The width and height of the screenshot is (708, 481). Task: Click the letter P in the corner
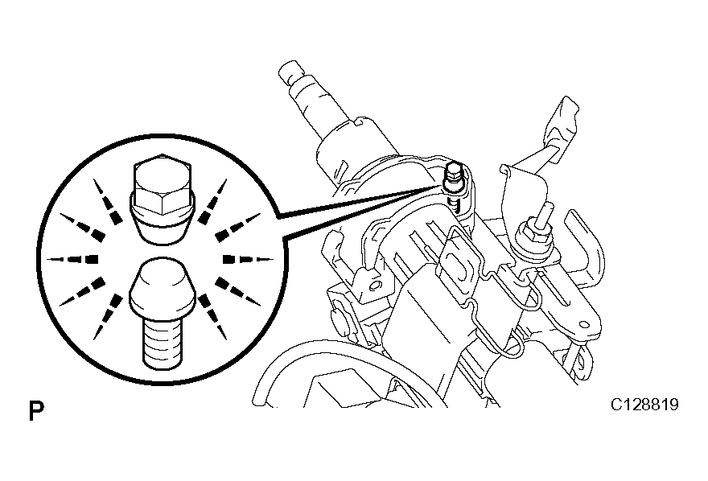click(36, 410)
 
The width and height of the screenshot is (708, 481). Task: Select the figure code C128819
click(644, 405)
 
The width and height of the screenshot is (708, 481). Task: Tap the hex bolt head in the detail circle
click(162, 184)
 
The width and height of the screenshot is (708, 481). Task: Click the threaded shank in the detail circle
click(163, 342)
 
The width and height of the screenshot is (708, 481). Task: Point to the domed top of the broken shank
click(163, 286)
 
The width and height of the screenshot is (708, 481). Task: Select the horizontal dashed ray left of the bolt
click(72, 260)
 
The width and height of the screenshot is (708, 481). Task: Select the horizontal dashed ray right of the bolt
click(249, 260)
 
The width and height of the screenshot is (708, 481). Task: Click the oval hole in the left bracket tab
click(374, 286)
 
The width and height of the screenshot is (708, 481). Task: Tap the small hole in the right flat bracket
click(584, 324)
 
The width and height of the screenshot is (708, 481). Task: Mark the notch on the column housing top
click(360, 121)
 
